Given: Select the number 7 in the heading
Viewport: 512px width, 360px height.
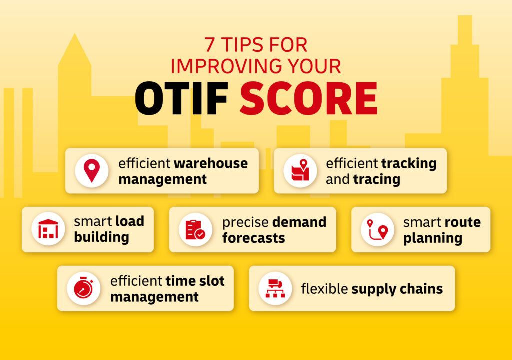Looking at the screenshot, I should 209,45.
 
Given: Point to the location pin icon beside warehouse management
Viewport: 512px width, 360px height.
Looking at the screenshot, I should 91,171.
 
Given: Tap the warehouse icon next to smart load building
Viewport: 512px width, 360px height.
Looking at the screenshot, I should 48,229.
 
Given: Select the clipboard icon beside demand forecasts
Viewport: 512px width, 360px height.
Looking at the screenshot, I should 195,229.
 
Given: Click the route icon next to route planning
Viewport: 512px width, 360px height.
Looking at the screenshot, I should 377,229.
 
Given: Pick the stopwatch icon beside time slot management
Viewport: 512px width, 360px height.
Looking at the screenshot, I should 83,288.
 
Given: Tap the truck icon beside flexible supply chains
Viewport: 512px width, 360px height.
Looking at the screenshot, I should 275,288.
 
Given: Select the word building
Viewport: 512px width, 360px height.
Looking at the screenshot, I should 101,238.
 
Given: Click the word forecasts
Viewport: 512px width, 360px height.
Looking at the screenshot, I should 253,238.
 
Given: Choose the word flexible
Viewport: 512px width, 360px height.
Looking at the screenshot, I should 324,289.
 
